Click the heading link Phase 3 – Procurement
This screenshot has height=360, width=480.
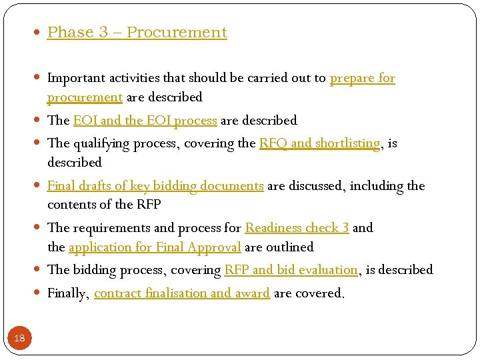[137, 33]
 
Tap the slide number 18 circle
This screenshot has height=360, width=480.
[19, 338]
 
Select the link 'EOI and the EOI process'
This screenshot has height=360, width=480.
[145, 121]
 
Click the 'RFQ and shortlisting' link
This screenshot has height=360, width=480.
[319, 143]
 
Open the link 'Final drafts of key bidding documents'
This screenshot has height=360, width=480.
[155, 186]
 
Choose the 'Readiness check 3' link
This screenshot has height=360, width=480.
[297, 228]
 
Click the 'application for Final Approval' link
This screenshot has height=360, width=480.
[154, 247]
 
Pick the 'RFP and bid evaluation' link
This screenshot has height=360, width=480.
[291, 270]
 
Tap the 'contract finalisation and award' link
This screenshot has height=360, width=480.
[181, 293]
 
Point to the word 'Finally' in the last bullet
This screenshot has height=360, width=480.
[67, 293]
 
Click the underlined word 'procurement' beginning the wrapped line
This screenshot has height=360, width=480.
[85, 97]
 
